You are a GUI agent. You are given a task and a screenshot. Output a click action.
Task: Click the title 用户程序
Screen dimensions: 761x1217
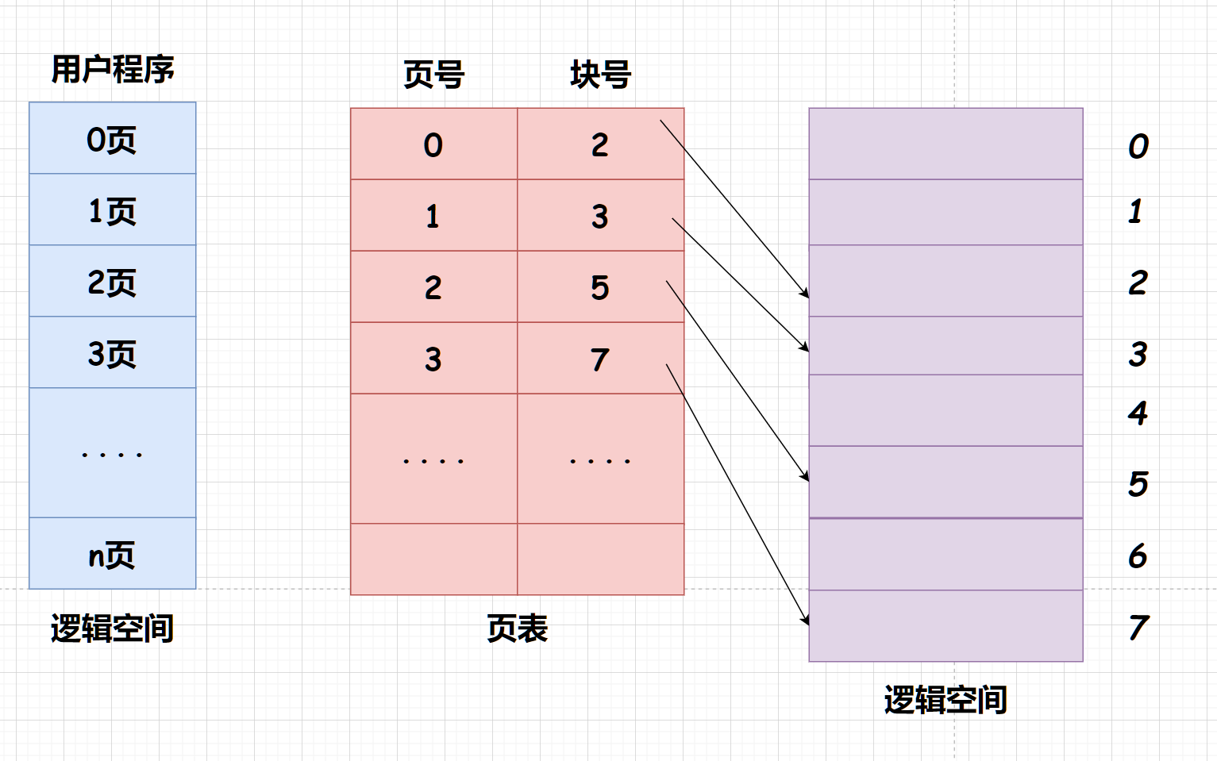(113, 70)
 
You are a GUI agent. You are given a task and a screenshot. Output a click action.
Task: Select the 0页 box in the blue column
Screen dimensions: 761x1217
(112, 139)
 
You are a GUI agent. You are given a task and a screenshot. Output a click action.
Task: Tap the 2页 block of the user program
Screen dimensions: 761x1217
(112, 282)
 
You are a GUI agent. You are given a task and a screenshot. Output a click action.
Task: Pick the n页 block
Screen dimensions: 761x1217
(112, 554)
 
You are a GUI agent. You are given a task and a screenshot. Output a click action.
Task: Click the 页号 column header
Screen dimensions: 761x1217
(433, 75)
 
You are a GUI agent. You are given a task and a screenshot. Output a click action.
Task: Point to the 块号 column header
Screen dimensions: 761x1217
(600, 75)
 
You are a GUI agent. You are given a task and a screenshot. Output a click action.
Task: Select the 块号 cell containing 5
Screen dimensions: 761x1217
(599, 287)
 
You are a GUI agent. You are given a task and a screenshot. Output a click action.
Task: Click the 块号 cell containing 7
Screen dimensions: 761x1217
(599, 359)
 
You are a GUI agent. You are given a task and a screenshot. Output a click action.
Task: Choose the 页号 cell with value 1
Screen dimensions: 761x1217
(433, 216)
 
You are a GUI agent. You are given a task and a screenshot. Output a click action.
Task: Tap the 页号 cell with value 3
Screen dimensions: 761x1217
(433, 359)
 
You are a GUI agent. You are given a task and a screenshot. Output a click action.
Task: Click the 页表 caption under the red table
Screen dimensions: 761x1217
(517, 628)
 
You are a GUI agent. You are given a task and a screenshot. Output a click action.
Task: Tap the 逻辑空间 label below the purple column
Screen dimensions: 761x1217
(945, 700)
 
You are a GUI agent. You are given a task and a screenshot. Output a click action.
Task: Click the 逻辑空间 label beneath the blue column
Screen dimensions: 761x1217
(112, 628)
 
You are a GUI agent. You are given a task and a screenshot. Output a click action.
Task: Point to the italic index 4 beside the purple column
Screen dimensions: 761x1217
(1138, 413)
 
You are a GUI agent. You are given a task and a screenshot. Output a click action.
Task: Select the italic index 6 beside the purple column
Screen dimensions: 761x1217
(1138, 555)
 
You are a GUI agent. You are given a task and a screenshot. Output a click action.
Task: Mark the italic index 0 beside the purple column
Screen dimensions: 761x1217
(1138, 146)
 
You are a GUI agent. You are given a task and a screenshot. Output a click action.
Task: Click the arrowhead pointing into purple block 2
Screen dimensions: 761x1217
(806, 294)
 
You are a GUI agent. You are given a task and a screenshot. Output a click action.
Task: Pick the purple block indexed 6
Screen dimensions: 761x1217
(945, 554)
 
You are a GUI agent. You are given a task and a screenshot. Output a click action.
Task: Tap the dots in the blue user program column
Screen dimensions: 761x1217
(112, 455)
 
